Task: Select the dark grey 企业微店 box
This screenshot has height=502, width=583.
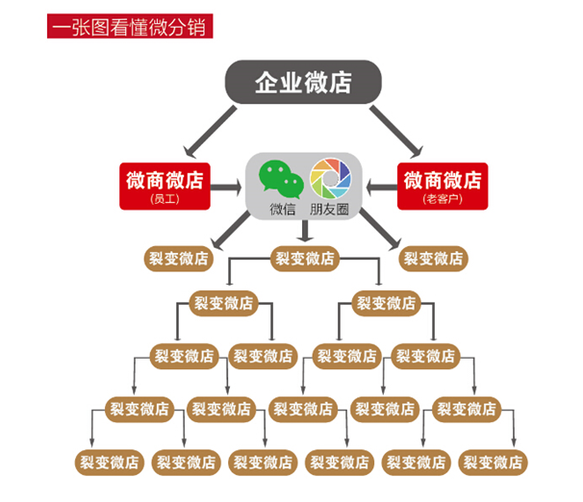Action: pyautogui.click(x=303, y=83)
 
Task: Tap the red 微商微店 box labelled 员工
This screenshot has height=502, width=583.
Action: pyautogui.click(x=165, y=185)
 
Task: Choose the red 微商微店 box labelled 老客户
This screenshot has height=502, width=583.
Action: pyautogui.click(x=442, y=185)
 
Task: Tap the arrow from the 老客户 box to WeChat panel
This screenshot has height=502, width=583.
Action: pyautogui.click(x=378, y=183)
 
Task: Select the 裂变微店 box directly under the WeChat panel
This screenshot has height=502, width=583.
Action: pyautogui.click(x=305, y=258)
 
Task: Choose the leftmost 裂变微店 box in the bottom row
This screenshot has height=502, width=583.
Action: pyautogui.click(x=109, y=462)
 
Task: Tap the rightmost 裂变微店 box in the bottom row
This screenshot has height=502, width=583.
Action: pyautogui.click(x=492, y=462)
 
